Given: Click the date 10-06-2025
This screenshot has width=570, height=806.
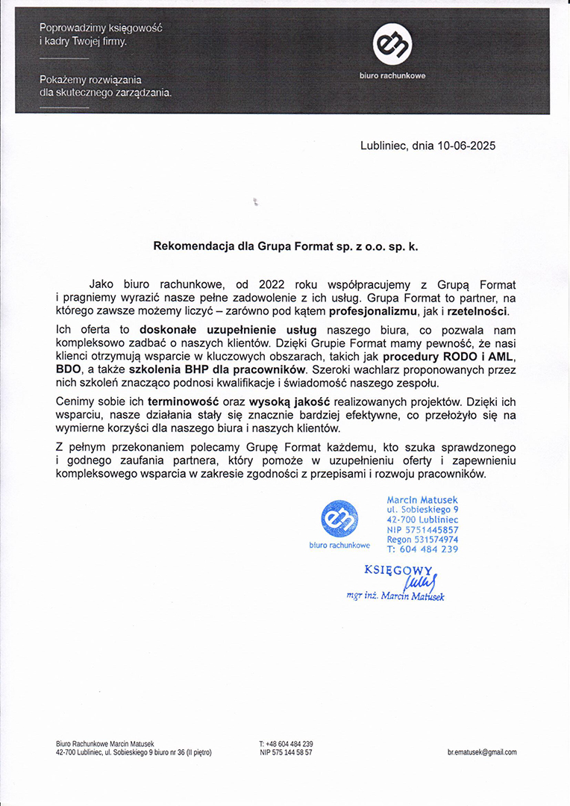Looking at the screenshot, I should point(466,146).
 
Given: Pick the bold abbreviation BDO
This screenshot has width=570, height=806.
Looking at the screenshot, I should point(69,369).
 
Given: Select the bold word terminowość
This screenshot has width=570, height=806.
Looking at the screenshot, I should point(184,402).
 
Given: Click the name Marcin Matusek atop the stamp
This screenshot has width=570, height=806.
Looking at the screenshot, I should point(423,499).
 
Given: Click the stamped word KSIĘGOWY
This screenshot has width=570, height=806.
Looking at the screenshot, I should point(398,569).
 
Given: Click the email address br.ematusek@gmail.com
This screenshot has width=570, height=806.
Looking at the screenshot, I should point(482,752).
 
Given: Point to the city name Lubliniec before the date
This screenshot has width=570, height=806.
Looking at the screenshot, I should point(383,146).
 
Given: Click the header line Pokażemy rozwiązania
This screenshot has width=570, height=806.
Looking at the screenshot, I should point(90,79).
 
